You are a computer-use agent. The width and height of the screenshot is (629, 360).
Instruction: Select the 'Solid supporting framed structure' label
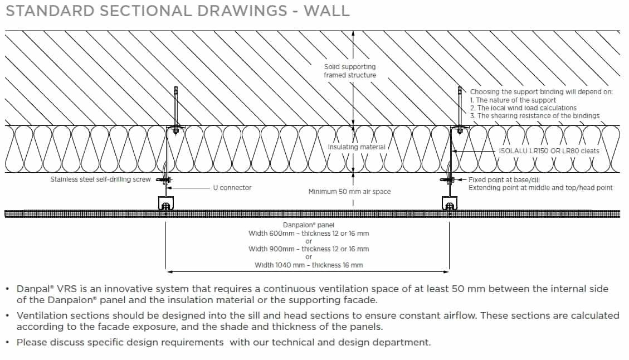(350, 71)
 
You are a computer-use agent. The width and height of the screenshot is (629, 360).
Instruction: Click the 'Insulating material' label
(357, 147)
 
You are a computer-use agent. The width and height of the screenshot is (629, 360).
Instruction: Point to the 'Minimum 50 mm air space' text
(349, 192)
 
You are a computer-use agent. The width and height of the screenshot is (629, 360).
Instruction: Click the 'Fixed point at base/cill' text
(504, 180)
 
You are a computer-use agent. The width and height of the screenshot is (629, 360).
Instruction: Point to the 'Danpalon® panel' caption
(309, 225)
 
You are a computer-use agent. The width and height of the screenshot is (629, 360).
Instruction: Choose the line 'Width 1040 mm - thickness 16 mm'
(309, 265)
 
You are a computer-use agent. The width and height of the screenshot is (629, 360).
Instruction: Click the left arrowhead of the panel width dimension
(169, 272)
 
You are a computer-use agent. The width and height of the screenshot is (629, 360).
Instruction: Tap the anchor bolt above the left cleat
(176, 106)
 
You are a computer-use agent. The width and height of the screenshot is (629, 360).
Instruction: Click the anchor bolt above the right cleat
(460, 106)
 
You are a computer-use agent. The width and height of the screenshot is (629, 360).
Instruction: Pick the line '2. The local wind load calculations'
(523, 108)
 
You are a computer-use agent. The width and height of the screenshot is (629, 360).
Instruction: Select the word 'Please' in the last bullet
(32, 342)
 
